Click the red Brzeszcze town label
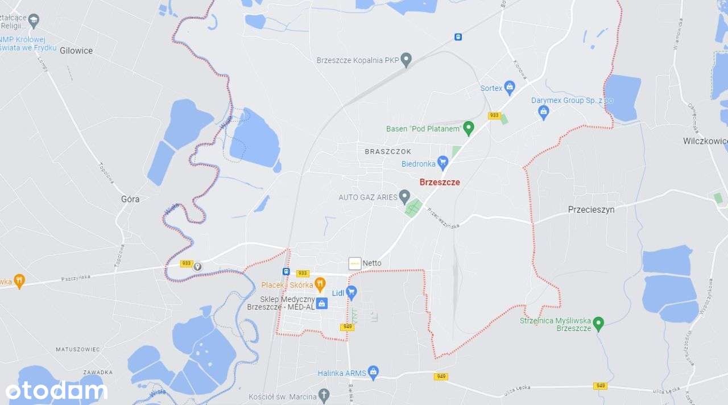tap(440, 183)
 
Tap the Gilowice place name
tap(76, 51)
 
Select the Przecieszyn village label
tap(591, 209)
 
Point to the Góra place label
tap(130, 199)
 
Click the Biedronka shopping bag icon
tap(442, 163)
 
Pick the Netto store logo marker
tap(355, 263)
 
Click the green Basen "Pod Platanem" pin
tap(469, 128)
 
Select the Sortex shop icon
tap(510, 88)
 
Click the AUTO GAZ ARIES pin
tap(404, 197)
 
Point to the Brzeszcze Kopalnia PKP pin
tap(406, 59)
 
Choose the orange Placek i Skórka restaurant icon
tap(320, 284)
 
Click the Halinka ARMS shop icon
tap(373, 373)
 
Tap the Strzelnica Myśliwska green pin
tap(598, 324)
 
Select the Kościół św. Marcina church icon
tap(324, 395)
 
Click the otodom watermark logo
tap(56, 391)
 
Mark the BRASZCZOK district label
tap(388, 152)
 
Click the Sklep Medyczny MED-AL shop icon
tap(322, 303)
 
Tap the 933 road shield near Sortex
tap(494, 115)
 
